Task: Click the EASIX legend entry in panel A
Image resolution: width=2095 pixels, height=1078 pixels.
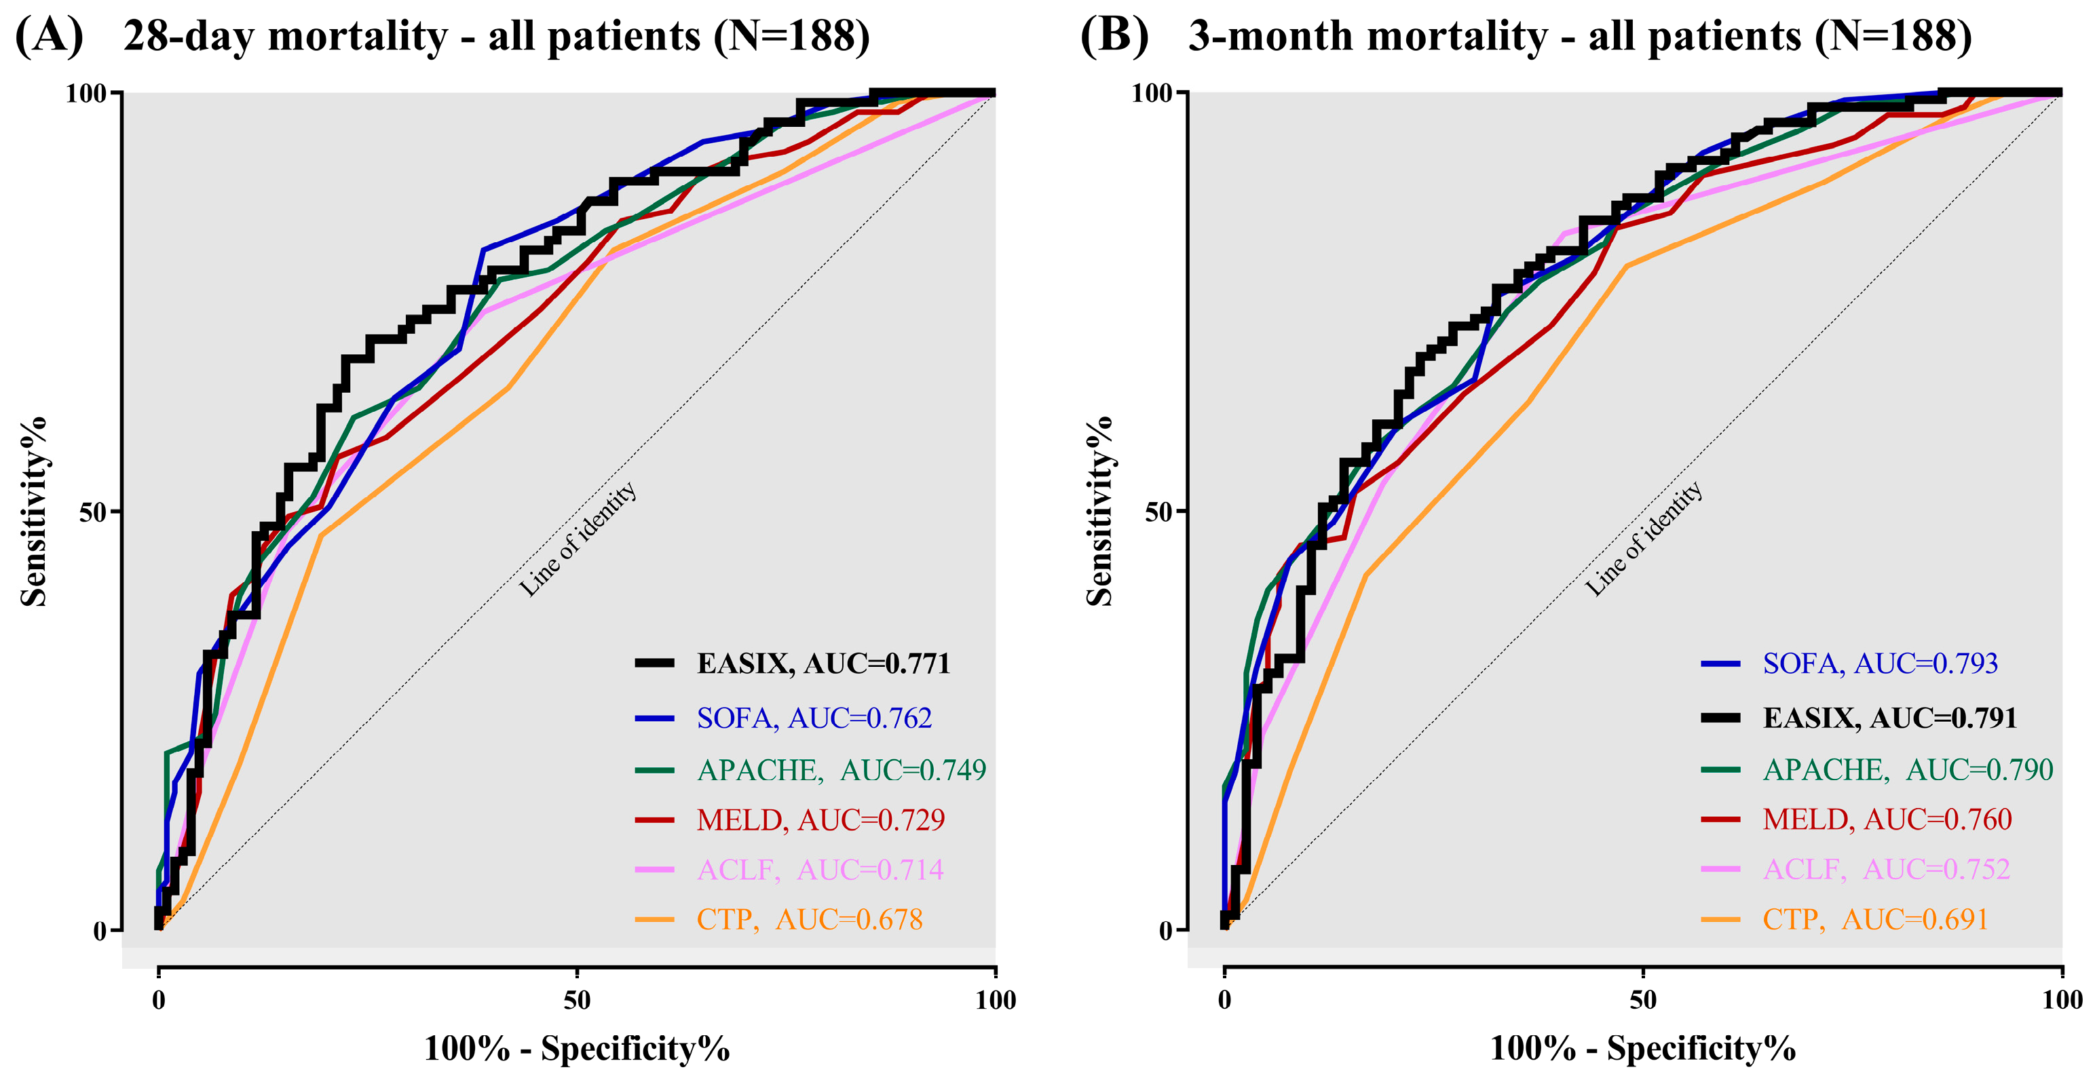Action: click(823, 663)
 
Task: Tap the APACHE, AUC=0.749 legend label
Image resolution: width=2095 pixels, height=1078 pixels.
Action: click(841, 769)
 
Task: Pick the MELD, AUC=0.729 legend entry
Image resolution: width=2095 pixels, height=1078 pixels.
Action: click(820, 820)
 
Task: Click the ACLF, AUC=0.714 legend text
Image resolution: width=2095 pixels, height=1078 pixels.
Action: click(820, 870)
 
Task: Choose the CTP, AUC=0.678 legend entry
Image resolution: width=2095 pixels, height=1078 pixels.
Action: click(809, 919)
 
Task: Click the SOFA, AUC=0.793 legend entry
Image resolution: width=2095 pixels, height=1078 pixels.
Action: click(1879, 663)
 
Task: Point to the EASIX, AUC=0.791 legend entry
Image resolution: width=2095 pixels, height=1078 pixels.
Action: click(1889, 718)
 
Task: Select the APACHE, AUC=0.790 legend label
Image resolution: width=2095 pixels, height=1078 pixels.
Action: click(1907, 769)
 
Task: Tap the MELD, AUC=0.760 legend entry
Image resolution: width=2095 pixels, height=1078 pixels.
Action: click(1887, 820)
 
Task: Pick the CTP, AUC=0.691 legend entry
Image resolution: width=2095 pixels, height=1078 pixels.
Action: click(1874, 919)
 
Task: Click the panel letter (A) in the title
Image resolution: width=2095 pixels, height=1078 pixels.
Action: click(49, 37)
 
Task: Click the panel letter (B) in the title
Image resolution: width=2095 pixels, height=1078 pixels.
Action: click(1114, 37)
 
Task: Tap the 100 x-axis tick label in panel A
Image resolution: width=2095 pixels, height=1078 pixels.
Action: click(996, 1000)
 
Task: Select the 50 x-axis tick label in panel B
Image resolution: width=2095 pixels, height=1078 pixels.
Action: click(1643, 1000)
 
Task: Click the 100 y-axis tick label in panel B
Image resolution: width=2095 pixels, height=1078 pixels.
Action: click(1152, 94)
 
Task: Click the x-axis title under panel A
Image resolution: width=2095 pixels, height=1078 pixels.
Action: click(577, 1049)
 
